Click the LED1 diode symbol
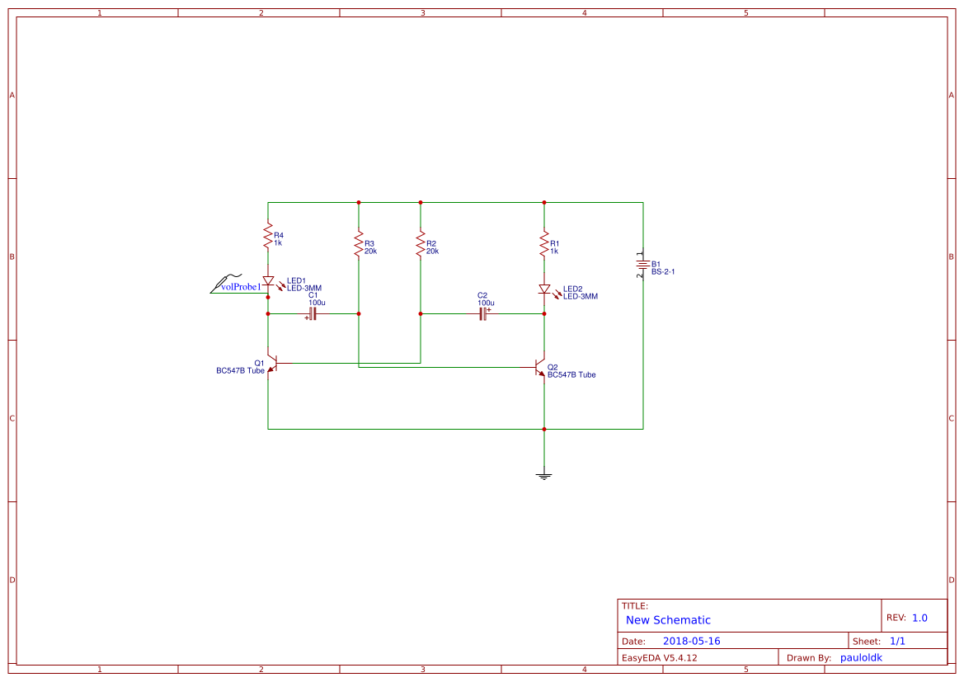coord(268,281)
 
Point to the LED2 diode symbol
coord(544,289)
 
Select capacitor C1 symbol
coord(313,313)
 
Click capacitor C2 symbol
coord(483,313)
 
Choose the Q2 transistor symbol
coord(539,367)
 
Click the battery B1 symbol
coord(642,264)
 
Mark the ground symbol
coord(544,474)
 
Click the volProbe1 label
coord(240,287)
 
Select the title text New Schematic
coord(668,620)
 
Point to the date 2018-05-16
coord(691,641)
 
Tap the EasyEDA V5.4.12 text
coord(659,657)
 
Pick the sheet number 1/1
coord(898,641)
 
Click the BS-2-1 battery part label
coord(669,271)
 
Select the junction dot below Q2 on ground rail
coord(544,429)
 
